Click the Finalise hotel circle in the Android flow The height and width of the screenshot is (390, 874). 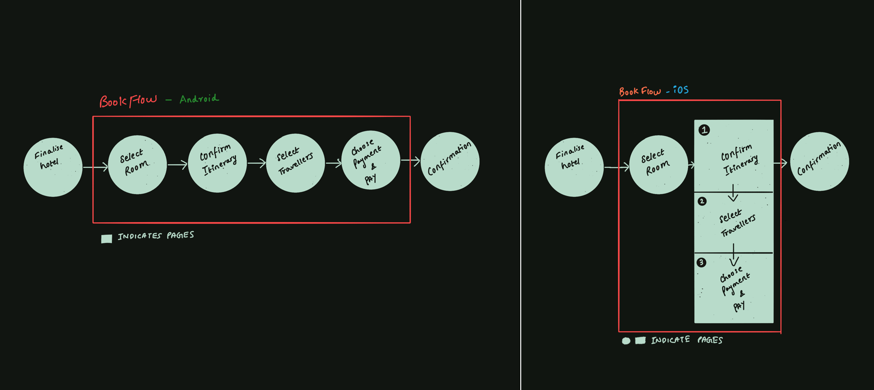click(53, 167)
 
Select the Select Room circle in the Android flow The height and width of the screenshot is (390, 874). click(137, 165)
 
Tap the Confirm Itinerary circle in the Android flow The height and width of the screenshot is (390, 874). click(217, 163)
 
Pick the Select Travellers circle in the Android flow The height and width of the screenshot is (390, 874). click(295, 163)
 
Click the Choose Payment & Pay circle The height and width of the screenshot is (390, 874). click(371, 160)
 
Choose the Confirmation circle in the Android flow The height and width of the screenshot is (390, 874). click(450, 161)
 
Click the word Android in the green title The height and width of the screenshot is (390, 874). click(199, 99)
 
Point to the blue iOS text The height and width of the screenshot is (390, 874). click(681, 90)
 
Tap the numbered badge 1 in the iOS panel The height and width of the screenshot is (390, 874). click(704, 130)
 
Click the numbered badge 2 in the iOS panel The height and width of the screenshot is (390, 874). click(702, 202)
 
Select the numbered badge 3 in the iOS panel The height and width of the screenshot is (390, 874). click(701, 262)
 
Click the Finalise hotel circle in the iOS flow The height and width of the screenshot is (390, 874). click(574, 167)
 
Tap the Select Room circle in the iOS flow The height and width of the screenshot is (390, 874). click(658, 165)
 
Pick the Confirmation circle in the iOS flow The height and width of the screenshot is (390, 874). click(819, 161)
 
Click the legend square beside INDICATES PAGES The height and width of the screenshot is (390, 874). click(107, 238)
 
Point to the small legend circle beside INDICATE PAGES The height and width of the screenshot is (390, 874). click(626, 341)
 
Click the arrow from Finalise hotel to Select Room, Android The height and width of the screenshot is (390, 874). click(95, 166)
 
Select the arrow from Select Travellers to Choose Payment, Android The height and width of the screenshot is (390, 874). click(334, 163)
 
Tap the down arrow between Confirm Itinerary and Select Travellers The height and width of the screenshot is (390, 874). click(733, 193)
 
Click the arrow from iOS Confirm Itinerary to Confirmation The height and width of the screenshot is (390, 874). click(780, 163)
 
